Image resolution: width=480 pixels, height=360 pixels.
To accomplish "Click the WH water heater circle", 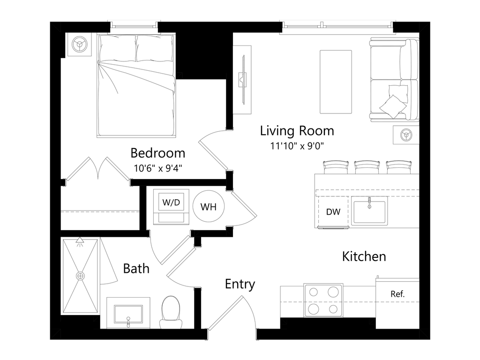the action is (209, 207).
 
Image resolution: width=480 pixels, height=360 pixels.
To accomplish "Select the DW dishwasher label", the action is (333, 212).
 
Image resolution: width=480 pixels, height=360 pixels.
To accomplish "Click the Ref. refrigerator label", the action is (397, 294).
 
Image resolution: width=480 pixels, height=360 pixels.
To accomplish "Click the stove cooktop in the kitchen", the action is (323, 300).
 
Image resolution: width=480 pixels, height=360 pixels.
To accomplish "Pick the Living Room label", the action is (297, 130).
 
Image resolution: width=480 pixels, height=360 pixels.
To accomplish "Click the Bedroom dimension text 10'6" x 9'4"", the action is (157, 168).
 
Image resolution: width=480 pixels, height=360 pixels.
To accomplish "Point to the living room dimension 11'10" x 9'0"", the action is (297, 146).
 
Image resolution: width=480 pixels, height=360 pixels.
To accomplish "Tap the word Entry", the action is (240, 284).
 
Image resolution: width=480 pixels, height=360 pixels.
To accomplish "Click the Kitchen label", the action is (364, 256).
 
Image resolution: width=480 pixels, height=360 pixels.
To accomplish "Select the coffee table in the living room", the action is (335, 82).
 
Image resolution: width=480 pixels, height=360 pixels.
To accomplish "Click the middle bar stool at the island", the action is (367, 166).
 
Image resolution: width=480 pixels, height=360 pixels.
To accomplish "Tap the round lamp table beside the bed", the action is (78, 45).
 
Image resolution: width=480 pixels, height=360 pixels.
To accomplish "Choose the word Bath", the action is (136, 269).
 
